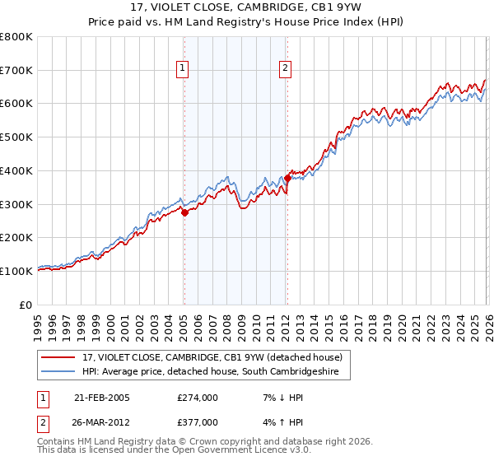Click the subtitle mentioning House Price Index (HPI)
click(247, 23)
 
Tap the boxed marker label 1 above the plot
click(182, 69)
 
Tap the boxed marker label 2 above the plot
click(285, 69)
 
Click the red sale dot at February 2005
click(184, 212)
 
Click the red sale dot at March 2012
click(287, 178)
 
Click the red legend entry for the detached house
click(217, 357)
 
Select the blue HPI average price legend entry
click(216, 372)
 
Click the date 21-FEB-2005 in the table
click(102, 398)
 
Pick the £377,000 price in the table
click(198, 421)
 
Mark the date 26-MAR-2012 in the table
click(102, 421)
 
